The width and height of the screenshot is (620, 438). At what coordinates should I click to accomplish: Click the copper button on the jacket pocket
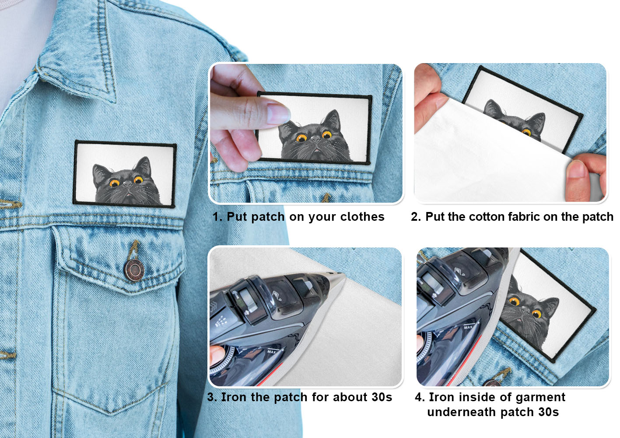point(134,270)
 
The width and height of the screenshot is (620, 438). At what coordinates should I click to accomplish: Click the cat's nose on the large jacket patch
point(128,184)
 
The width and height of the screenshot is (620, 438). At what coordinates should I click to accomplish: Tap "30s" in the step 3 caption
point(382,397)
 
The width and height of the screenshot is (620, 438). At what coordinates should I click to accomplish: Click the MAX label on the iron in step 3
point(272,352)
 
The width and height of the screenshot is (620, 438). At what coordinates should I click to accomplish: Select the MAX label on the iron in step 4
point(468,327)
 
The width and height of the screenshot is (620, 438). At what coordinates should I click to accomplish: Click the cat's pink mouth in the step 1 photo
point(316,150)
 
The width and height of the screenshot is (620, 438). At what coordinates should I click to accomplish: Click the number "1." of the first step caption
point(217,217)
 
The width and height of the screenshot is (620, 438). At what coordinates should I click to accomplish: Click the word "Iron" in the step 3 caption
point(233,397)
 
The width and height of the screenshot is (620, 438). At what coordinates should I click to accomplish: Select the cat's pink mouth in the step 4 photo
point(520,321)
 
